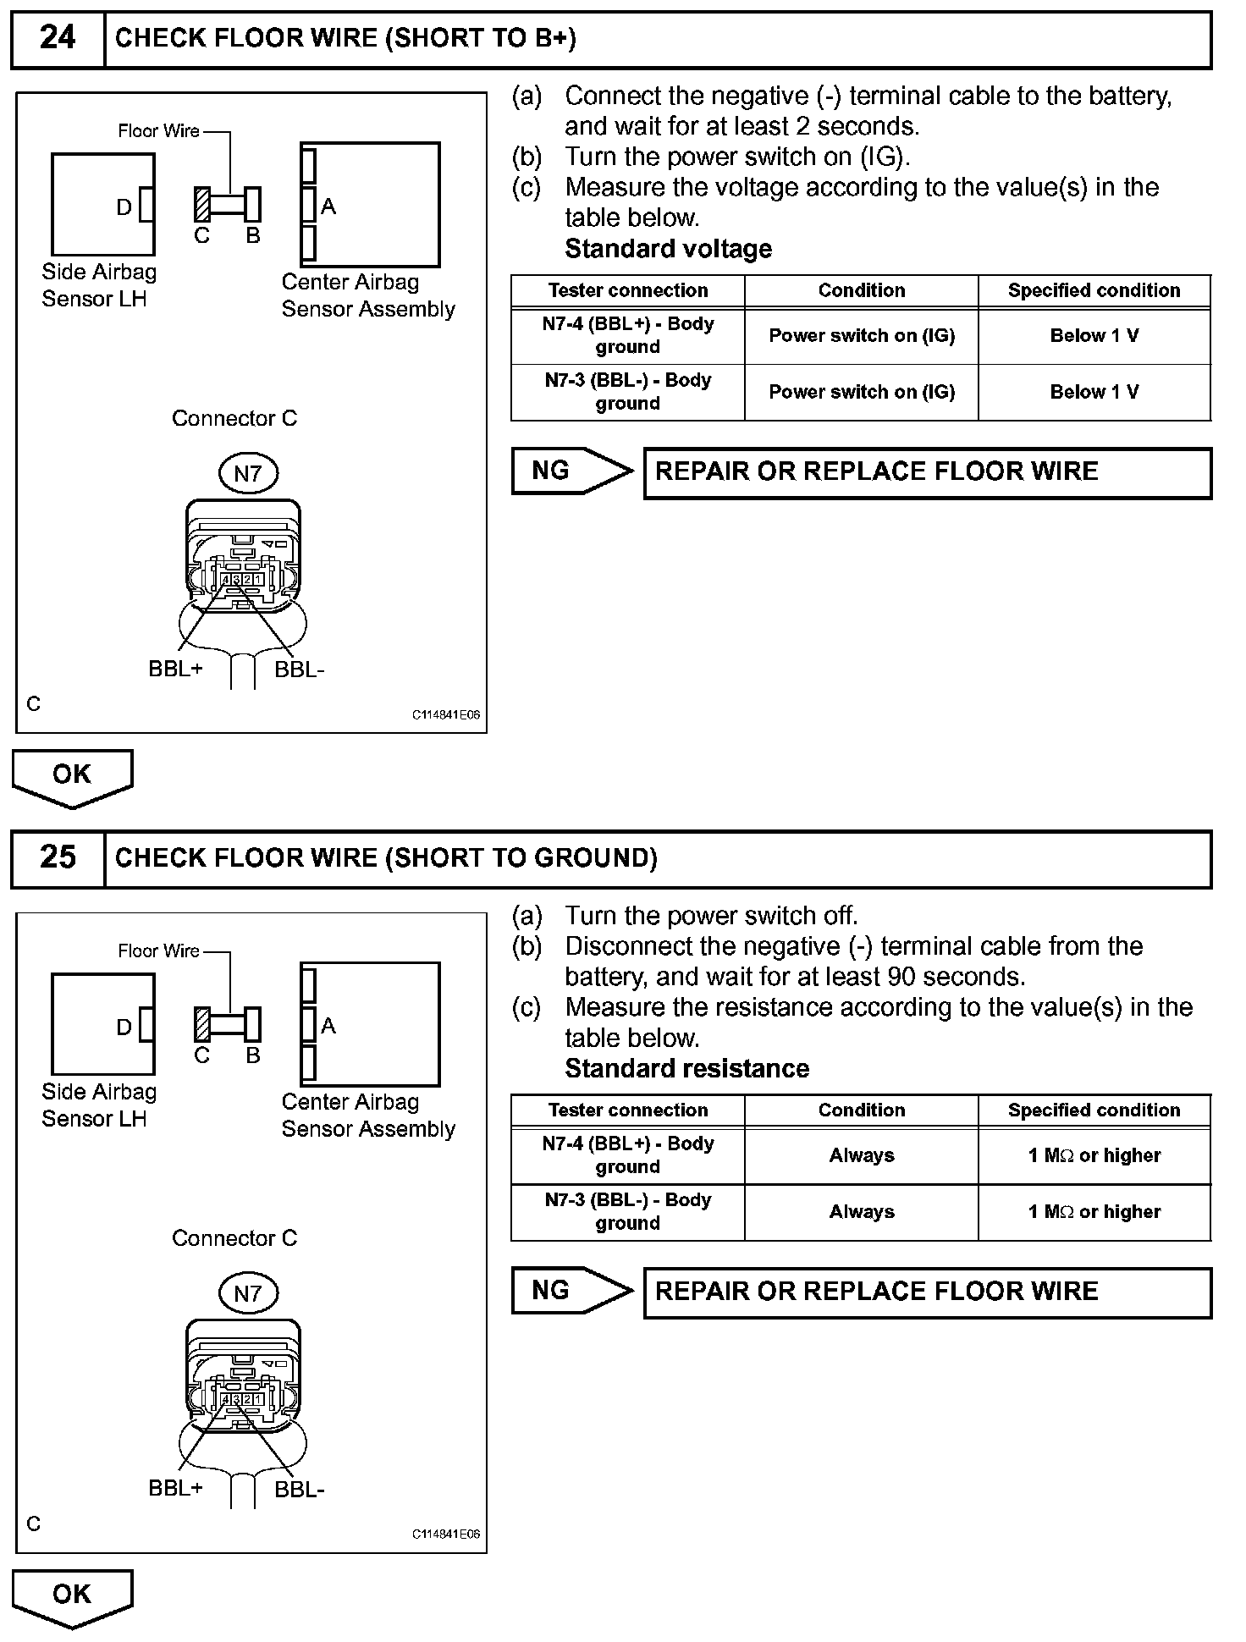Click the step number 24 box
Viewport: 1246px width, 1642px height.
tap(58, 39)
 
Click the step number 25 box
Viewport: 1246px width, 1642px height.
tap(58, 858)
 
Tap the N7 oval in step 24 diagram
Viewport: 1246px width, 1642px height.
tap(247, 473)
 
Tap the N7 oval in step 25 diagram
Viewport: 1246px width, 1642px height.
tap(247, 1293)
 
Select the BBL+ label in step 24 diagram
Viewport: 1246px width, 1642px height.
tap(175, 669)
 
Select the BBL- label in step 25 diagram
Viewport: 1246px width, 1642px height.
tap(300, 1490)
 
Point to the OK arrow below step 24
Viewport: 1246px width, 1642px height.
tap(72, 775)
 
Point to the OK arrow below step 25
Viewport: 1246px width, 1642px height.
tap(72, 1595)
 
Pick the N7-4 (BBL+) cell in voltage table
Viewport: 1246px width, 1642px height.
tap(627, 335)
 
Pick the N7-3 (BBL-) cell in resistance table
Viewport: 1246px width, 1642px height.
tap(627, 1211)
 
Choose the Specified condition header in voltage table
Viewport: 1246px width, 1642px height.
tap(1094, 290)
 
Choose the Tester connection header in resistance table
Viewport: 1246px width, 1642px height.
tap(627, 1110)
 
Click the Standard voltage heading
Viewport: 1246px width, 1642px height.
tap(668, 249)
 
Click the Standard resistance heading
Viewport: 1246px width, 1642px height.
tap(686, 1068)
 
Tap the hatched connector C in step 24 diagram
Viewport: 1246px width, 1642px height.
tap(202, 205)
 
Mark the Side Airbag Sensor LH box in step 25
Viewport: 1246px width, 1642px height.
tap(102, 1024)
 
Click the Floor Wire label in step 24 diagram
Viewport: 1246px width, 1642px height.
tap(158, 131)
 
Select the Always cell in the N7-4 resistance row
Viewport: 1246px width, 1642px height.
tap(861, 1155)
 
